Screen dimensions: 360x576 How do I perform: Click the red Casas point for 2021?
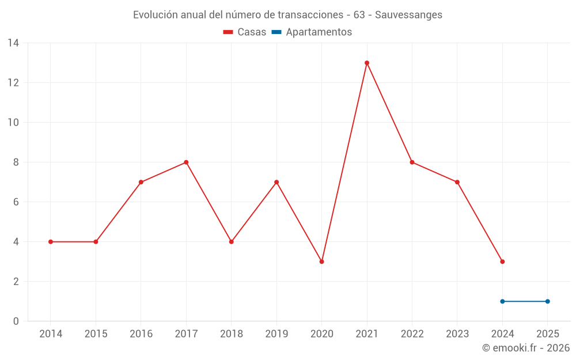click(x=367, y=63)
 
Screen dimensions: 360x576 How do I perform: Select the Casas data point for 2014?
click(x=51, y=242)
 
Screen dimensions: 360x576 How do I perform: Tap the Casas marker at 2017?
click(x=186, y=162)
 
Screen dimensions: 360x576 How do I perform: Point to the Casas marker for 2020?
click(x=321, y=262)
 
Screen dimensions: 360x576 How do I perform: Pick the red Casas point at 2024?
click(x=502, y=262)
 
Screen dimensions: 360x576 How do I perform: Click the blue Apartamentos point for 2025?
click(x=547, y=301)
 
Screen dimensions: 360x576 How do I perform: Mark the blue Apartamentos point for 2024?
click(x=502, y=301)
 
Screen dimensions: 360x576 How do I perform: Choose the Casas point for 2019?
click(x=276, y=182)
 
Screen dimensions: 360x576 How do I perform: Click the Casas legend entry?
click(x=245, y=32)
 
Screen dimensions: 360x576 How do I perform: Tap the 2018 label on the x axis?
click(x=231, y=334)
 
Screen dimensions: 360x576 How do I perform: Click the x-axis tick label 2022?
click(x=412, y=334)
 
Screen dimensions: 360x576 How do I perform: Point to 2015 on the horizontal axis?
click(x=96, y=334)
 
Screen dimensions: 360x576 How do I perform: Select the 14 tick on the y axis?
click(x=13, y=43)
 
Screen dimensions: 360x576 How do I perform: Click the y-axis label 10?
click(x=13, y=123)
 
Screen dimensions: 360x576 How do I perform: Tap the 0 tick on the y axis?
click(x=16, y=321)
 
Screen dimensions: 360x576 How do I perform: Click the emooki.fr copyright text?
click(x=525, y=348)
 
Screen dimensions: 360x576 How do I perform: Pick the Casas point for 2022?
click(x=412, y=162)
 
